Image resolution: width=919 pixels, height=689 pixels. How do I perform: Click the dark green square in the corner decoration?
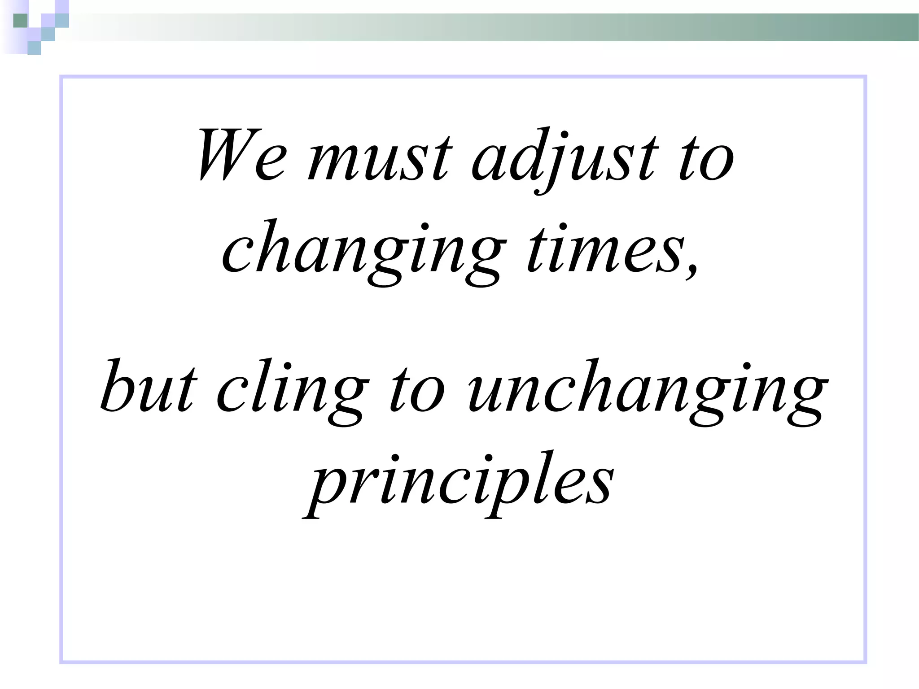pyautogui.click(x=20, y=21)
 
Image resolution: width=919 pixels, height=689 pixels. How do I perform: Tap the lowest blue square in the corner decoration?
pyautogui.click(x=34, y=48)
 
